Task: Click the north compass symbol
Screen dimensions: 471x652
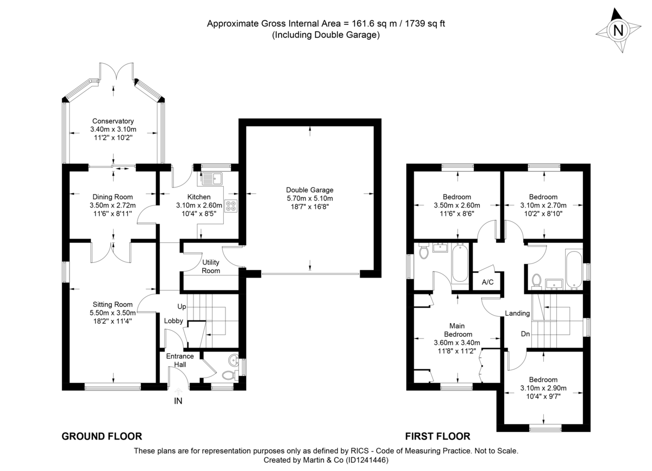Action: (617, 31)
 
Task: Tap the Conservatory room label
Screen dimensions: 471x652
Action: (113, 121)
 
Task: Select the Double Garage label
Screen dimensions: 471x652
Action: (310, 190)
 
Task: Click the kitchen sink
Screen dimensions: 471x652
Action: (211, 177)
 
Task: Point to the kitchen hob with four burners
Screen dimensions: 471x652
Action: (231, 206)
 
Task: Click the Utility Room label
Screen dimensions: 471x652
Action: (211, 266)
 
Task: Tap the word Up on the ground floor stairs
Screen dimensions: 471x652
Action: (182, 307)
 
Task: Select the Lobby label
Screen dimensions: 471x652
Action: (174, 321)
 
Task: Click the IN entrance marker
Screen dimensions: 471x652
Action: (178, 401)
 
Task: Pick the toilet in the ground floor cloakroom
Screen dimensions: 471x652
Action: (228, 375)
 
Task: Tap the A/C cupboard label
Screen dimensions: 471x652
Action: (487, 282)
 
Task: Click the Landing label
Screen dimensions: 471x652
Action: (517, 313)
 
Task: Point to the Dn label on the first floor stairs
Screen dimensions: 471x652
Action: (525, 334)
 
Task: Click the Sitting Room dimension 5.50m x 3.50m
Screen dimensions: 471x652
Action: (112, 313)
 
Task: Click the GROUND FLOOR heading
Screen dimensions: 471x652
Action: (102, 436)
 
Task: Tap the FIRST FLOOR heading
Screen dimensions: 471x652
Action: (437, 436)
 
